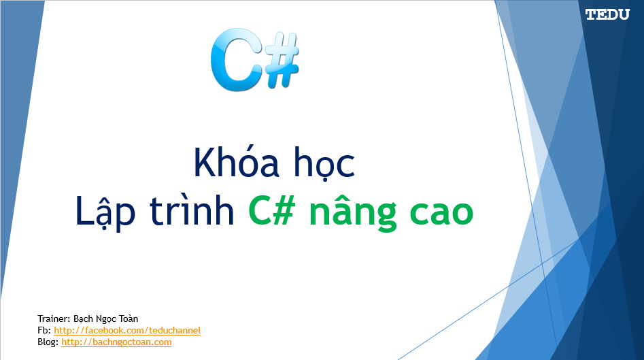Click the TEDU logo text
(607, 14)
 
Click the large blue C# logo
(254, 60)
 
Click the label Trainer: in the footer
(54, 318)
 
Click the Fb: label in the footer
(44, 330)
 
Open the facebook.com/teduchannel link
(127, 330)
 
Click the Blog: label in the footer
(48, 342)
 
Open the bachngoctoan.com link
(116, 342)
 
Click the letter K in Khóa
(203, 163)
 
